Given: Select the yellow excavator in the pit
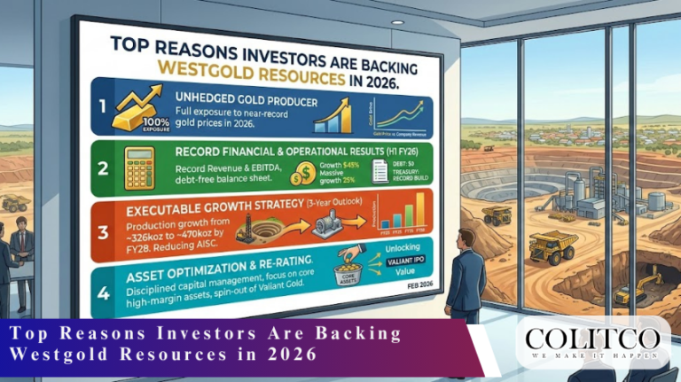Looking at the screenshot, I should coord(646,285).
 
